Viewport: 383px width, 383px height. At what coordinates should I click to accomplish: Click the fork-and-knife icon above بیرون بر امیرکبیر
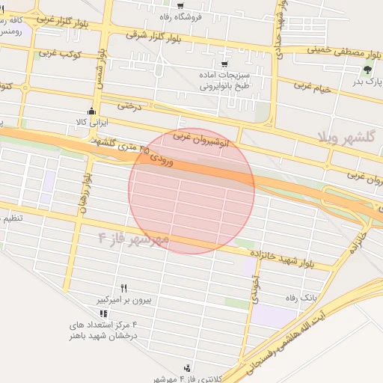(x=124, y=288)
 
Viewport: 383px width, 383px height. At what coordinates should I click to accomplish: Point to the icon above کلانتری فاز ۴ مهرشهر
(x=187, y=367)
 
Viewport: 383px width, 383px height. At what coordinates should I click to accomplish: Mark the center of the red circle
(x=191, y=191)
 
